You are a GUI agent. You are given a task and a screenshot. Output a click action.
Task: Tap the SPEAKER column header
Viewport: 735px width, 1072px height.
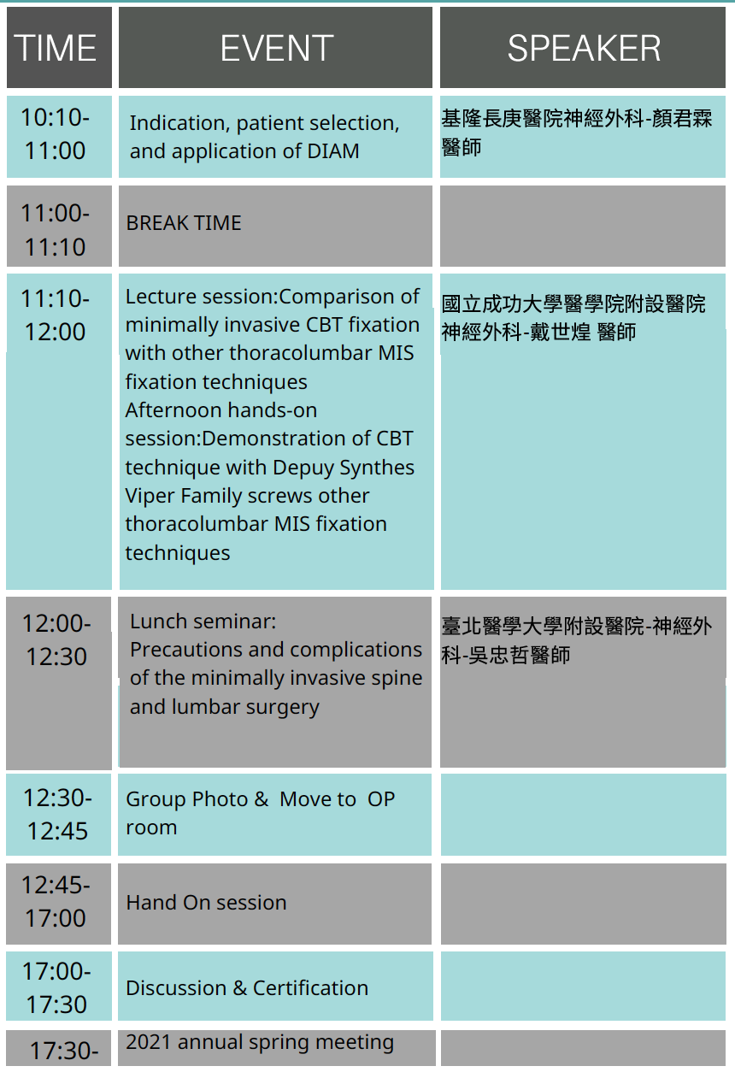(x=583, y=47)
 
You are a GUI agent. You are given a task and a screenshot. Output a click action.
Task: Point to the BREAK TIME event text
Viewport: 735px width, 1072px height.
(x=184, y=223)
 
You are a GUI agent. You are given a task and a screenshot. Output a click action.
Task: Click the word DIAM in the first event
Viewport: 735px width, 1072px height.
(x=333, y=151)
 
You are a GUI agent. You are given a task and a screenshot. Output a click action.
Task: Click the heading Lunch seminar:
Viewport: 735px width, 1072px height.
(x=203, y=621)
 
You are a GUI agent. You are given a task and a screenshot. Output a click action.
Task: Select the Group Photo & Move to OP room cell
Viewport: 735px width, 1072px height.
(x=274, y=815)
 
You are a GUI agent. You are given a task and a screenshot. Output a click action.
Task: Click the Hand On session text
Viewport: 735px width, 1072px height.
(x=206, y=903)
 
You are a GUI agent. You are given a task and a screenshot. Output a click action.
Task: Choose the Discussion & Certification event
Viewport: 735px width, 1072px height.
(x=247, y=987)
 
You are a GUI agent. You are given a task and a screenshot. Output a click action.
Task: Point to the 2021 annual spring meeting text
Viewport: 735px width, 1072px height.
(x=260, y=1042)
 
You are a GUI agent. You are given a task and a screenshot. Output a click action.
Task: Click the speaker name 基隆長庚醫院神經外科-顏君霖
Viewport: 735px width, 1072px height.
(x=577, y=119)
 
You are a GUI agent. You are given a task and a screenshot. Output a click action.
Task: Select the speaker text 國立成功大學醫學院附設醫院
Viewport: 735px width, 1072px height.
(x=573, y=304)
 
